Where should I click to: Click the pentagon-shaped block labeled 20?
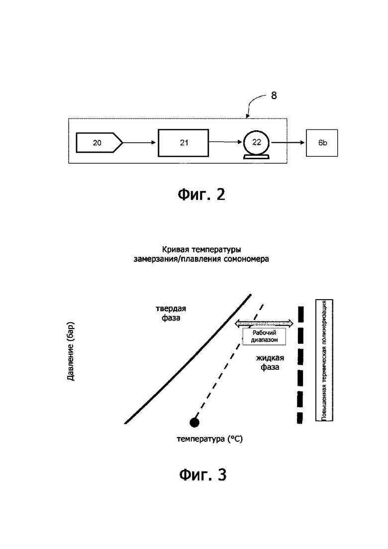tap(99, 142)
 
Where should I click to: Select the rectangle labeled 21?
tap(184, 142)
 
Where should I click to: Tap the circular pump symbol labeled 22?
tap(257, 142)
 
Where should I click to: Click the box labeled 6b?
tap(322, 143)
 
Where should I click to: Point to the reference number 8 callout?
tap(274, 96)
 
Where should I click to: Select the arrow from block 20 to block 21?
tap(139, 142)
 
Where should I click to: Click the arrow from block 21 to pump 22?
tap(226, 142)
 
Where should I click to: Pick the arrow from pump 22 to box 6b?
tap(288, 142)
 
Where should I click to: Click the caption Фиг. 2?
tap(201, 194)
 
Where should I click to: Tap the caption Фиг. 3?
tap(203, 475)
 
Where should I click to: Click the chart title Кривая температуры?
tap(201, 250)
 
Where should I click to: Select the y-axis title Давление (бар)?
tap(71, 351)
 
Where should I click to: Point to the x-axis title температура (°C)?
tap(209, 439)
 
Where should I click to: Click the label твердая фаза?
tap(171, 313)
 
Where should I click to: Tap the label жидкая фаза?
tap(270, 362)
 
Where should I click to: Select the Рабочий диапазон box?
tap(265, 336)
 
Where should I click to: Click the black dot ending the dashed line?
tap(194, 422)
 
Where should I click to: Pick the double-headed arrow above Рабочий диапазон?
tap(264, 323)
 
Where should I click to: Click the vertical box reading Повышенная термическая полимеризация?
tap(324, 360)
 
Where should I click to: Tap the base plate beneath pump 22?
tap(257, 157)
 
